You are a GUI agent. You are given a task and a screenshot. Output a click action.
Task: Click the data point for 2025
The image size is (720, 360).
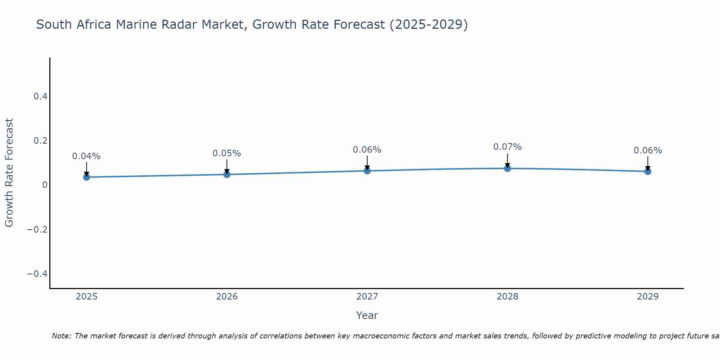coord(86,177)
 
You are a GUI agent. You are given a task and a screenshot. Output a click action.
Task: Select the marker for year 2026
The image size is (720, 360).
coord(227,174)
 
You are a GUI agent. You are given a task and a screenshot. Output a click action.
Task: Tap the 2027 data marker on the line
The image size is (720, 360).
coord(367,171)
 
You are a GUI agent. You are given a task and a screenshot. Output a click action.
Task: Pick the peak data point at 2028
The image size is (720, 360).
coord(507,168)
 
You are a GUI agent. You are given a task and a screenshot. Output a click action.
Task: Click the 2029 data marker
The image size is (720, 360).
coord(648,171)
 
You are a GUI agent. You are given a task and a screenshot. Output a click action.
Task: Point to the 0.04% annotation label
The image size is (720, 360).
coord(86,156)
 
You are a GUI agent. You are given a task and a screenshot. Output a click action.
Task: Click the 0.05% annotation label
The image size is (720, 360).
coord(227,153)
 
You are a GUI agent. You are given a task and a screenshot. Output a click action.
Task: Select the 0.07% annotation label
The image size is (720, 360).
coord(507,147)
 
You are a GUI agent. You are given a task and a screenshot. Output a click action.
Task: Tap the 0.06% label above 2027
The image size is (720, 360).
coord(367,150)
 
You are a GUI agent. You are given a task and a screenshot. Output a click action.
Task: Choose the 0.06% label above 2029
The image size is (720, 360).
coord(648,150)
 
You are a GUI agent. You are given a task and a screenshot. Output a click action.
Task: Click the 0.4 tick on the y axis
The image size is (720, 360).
coord(40,96)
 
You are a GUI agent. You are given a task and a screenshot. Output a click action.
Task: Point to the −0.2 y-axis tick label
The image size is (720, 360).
coord(37,229)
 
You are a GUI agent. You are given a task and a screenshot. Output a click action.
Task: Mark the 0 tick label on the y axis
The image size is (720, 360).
coord(45,185)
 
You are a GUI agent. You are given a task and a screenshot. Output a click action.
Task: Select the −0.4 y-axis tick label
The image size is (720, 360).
coord(37,274)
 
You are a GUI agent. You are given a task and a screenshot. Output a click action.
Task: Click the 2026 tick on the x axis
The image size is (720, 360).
coord(227,297)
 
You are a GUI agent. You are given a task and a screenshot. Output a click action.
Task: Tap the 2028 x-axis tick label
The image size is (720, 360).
coord(507,297)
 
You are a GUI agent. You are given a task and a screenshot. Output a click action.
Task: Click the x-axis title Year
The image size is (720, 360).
coord(367,315)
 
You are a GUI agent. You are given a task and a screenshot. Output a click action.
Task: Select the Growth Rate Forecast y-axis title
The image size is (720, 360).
coord(9,173)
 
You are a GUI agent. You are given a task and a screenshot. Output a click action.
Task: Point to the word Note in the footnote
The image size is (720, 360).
coord(61,336)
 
